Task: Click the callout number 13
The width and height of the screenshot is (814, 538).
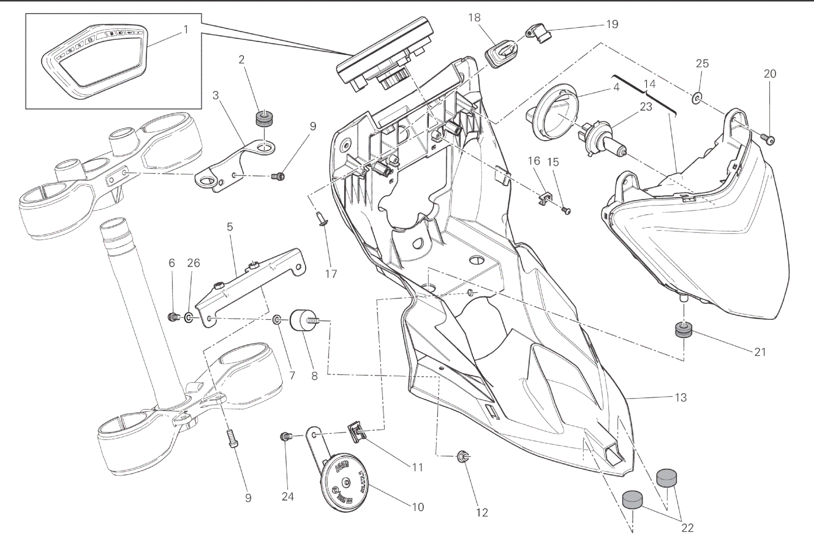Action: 680,397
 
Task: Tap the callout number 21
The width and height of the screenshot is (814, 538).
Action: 760,352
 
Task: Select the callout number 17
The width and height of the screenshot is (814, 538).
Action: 331,274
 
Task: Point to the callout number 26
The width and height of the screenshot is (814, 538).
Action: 193,263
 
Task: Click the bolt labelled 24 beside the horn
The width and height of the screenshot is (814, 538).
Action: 286,436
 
